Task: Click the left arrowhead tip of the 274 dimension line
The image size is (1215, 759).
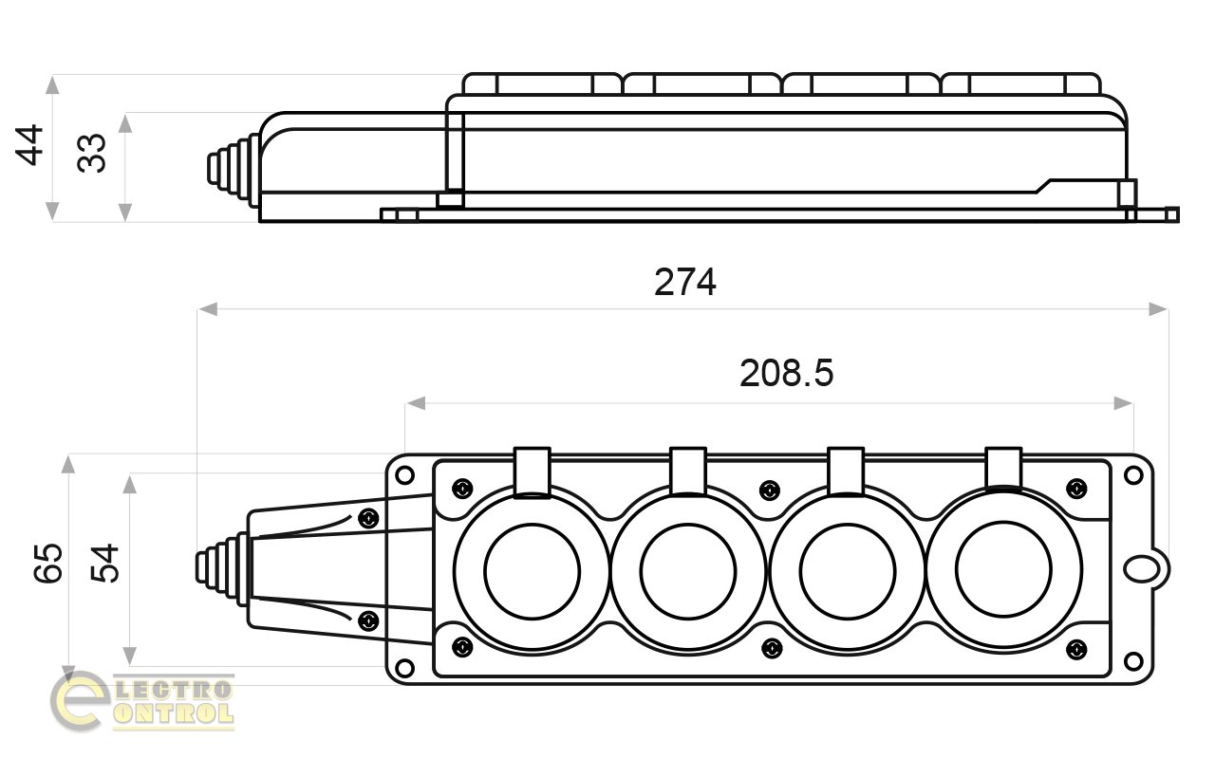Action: (198, 309)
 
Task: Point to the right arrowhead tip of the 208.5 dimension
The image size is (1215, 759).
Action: (1132, 403)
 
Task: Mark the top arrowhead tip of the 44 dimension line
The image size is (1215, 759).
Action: (52, 76)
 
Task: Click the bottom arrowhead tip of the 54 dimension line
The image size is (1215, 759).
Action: (129, 666)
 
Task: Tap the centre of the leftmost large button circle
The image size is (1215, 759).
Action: (533, 571)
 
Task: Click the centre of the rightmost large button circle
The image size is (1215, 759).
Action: (1003, 570)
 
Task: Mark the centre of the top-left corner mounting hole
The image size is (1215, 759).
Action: (404, 475)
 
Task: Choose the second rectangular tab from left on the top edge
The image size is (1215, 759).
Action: (688, 472)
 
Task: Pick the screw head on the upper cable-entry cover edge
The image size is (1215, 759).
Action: (369, 519)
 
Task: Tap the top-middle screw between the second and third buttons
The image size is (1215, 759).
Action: (770, 491)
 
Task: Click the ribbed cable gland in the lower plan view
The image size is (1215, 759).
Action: (222, 568)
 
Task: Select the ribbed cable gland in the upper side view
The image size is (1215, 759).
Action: (234, 170)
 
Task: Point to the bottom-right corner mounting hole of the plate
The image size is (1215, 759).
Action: (1133, 661)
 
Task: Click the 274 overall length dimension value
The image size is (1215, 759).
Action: (685, 283)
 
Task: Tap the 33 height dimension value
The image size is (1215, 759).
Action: (92, 154)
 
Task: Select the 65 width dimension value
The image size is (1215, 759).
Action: (48, 563)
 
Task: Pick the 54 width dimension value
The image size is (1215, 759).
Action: (104, 564)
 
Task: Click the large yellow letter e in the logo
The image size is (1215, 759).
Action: (80, 701)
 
